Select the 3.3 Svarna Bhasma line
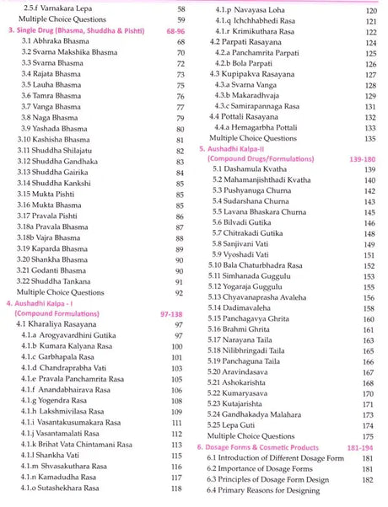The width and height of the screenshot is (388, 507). (53, 63)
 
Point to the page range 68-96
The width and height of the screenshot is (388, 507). (176, 29)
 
